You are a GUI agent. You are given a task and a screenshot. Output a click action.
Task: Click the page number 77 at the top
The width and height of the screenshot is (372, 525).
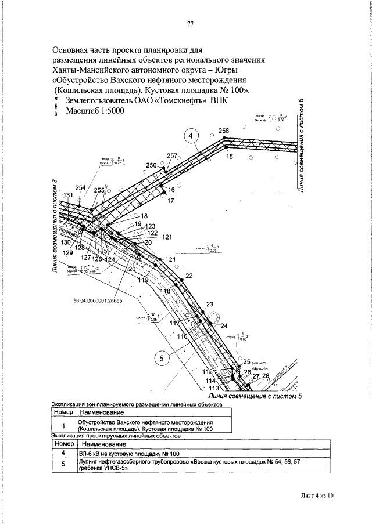click(189, 24)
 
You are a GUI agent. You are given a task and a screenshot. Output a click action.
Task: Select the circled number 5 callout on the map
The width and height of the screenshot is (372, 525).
click(162, 358)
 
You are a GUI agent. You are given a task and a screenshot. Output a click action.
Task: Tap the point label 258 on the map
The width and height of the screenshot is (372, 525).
click(224, 131)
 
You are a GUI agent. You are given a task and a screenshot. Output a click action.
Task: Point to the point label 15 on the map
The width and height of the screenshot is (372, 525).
click(229, 157)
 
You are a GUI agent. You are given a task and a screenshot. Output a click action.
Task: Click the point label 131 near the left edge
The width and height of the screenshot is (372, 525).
click(67, 195)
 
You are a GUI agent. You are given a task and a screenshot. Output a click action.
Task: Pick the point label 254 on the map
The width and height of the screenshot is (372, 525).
click(80, 187)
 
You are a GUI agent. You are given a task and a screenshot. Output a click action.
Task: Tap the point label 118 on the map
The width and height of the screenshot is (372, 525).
click(165, 291)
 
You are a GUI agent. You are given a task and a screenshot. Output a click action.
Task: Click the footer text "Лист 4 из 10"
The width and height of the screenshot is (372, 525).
click(318, 495)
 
